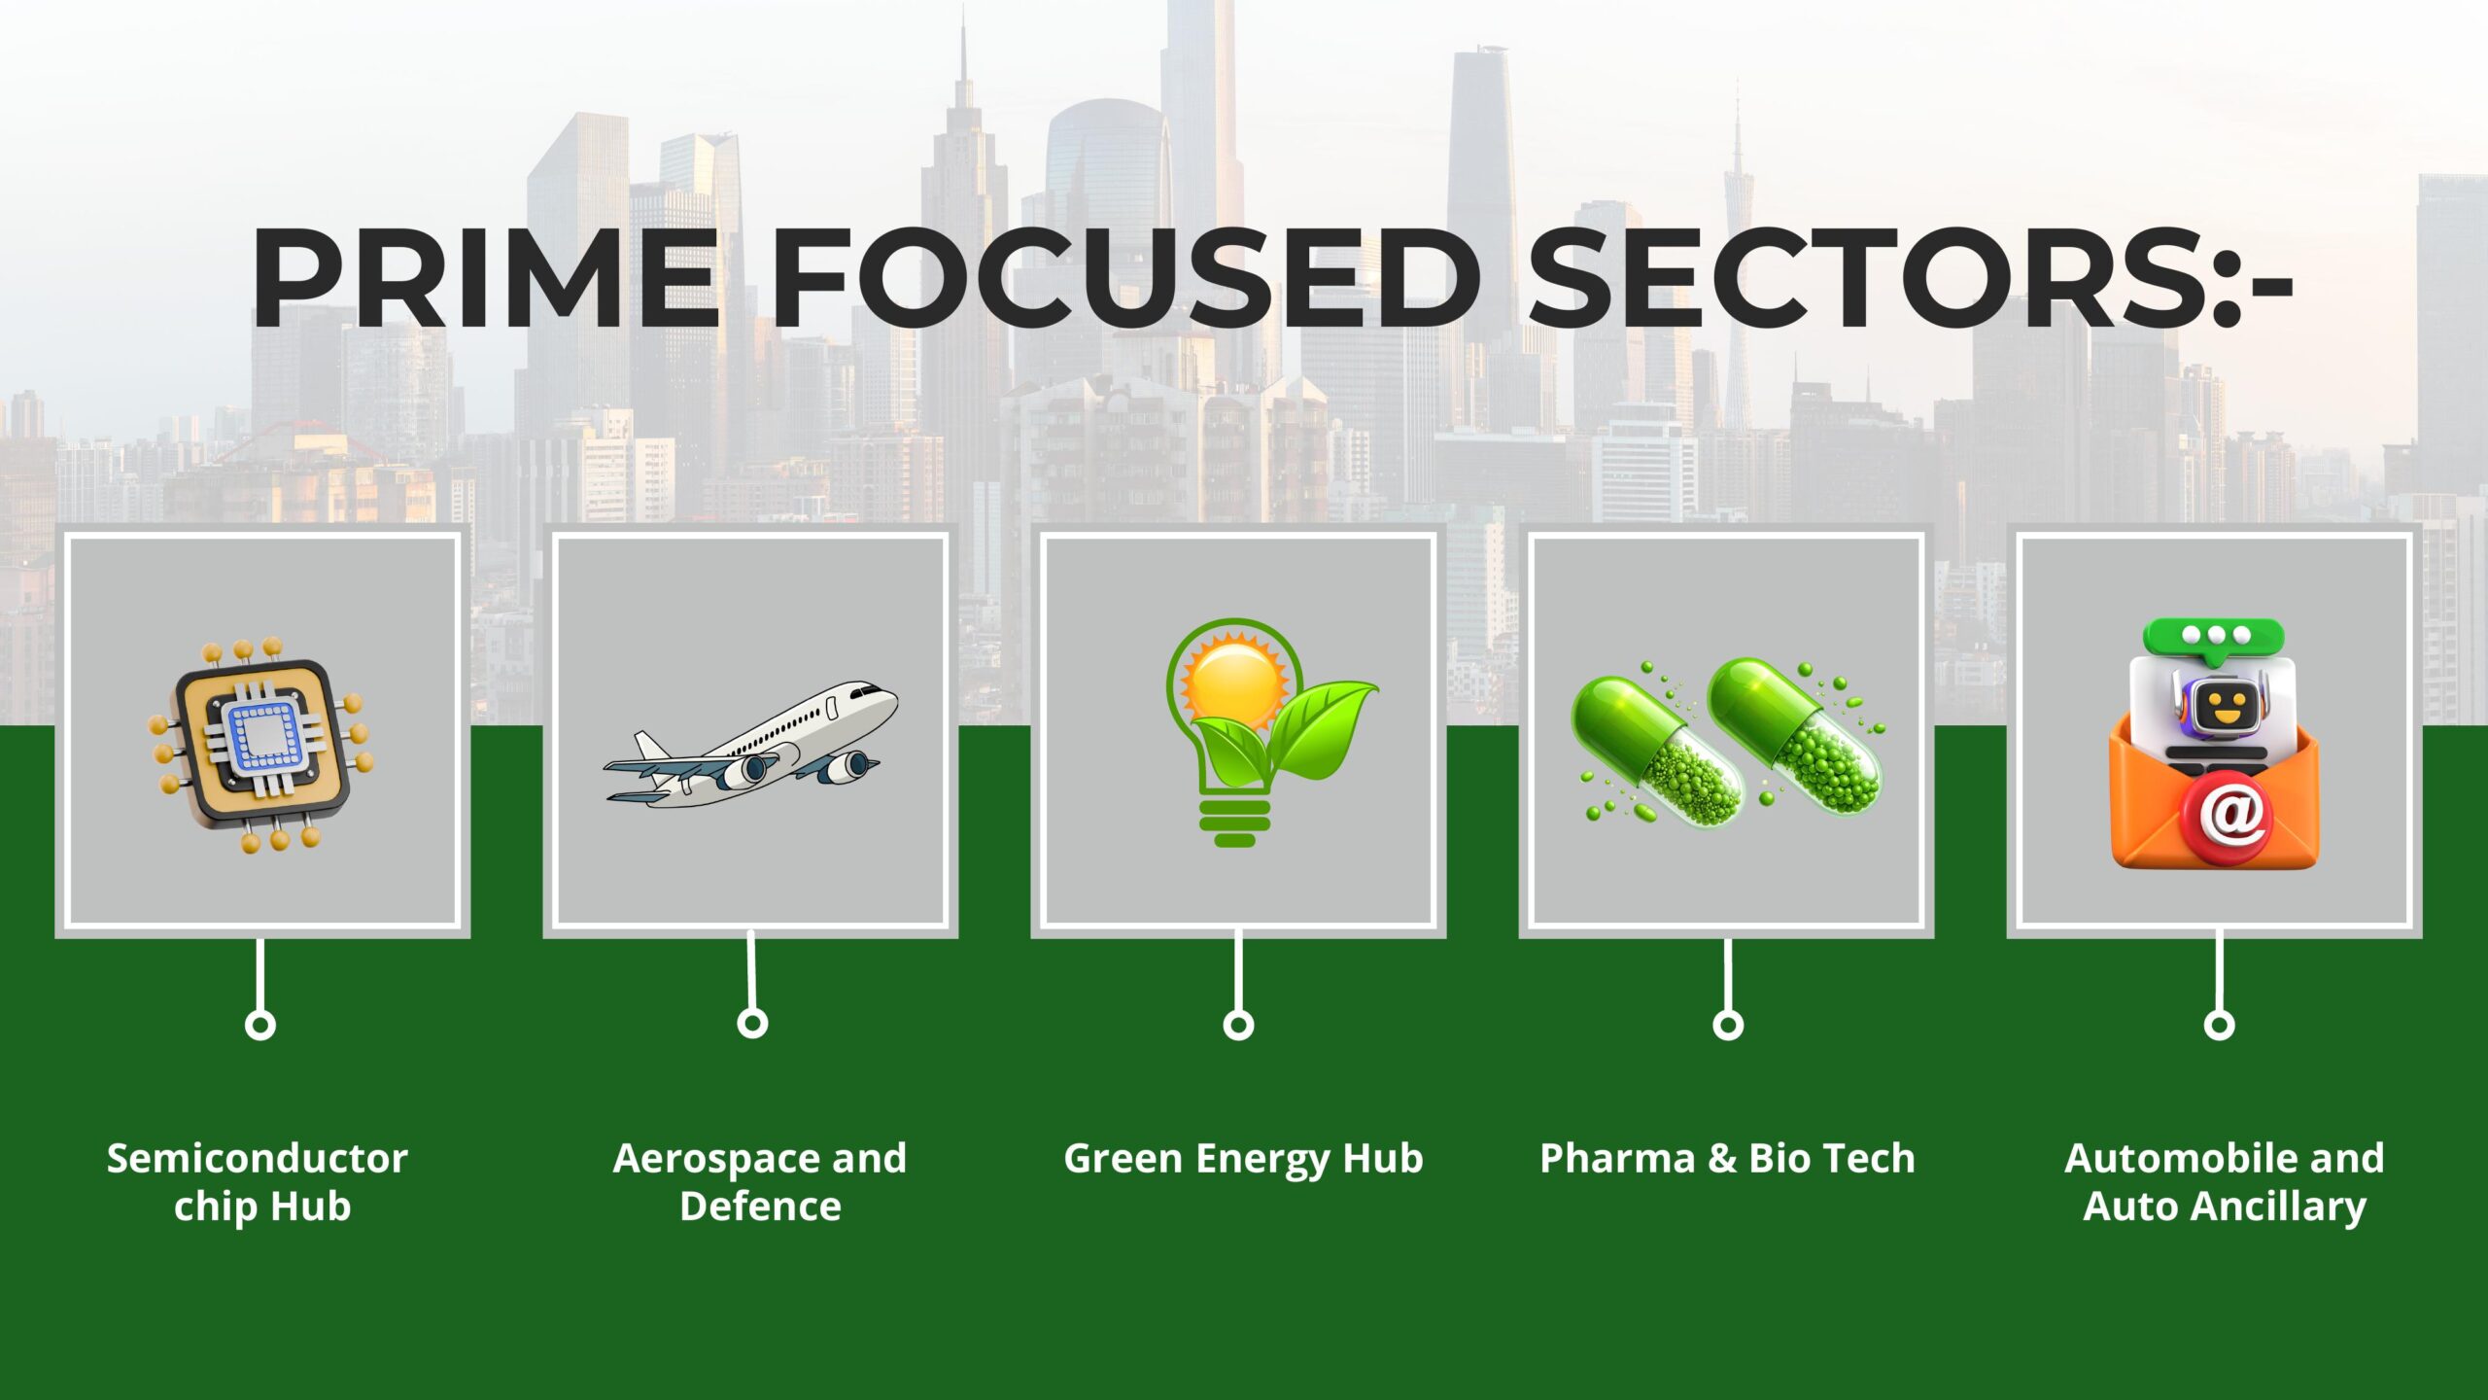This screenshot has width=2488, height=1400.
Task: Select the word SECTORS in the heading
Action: coord(1870,278)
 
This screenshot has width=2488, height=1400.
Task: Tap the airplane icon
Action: coord(749,745)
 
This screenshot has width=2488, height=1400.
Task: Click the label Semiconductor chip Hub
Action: coord(258,1182)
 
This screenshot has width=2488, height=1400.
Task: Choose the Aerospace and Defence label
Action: coord(760,1182)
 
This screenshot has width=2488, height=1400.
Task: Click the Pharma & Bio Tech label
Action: coord(1727,1158)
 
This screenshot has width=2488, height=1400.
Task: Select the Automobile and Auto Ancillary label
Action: coord(2225,1182)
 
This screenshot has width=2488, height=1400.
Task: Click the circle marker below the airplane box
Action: coord(752,1023)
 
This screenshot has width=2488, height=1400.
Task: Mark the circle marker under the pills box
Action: coord(1727,1025)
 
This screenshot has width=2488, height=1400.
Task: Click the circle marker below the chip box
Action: coord(259,1025)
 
